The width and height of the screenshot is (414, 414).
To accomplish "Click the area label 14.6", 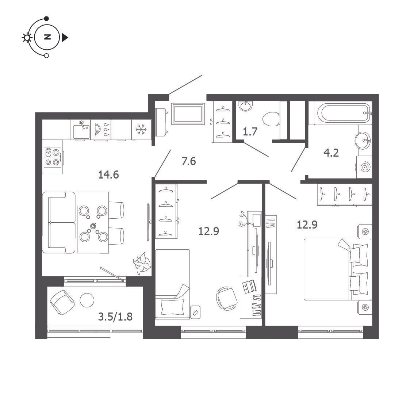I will (x=108, y=175).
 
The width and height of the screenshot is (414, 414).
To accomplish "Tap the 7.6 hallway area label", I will (x=189, y=161).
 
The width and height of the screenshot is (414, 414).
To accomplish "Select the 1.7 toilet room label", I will (x=250, y=132).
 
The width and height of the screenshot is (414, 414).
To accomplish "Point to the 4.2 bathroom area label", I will (x=331, y=153).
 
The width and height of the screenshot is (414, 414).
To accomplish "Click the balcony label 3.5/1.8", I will (x=115, y=316).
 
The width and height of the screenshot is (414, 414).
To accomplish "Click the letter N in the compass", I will (x=47, y=37).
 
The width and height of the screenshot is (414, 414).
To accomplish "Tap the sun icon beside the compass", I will (x=27, y=38).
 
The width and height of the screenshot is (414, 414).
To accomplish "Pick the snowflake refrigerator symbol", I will (x=141, y=130).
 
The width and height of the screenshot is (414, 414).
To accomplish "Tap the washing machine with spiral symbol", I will (x=364, y=167).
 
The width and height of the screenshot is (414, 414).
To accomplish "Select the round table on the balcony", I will (x=87, y=300).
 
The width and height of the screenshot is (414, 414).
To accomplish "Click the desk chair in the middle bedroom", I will (x=227, y=298).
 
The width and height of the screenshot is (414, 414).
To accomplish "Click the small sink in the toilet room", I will (x=245, y=106).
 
